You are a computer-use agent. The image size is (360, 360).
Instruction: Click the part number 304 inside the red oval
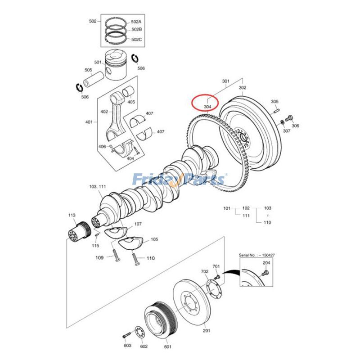coord(207,107)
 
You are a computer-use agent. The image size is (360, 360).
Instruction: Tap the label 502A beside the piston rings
coord(136,22)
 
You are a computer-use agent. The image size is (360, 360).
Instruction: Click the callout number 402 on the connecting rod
coord(104,112)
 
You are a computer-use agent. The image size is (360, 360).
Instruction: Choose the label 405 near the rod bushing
coord(131,102)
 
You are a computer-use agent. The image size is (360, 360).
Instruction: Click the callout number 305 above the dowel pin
coord(275,102)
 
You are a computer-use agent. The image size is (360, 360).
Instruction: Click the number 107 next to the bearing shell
coord(138,224)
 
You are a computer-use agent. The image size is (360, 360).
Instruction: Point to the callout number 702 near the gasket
coord(205,272)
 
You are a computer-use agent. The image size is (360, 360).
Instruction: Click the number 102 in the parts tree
coord(246,208)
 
